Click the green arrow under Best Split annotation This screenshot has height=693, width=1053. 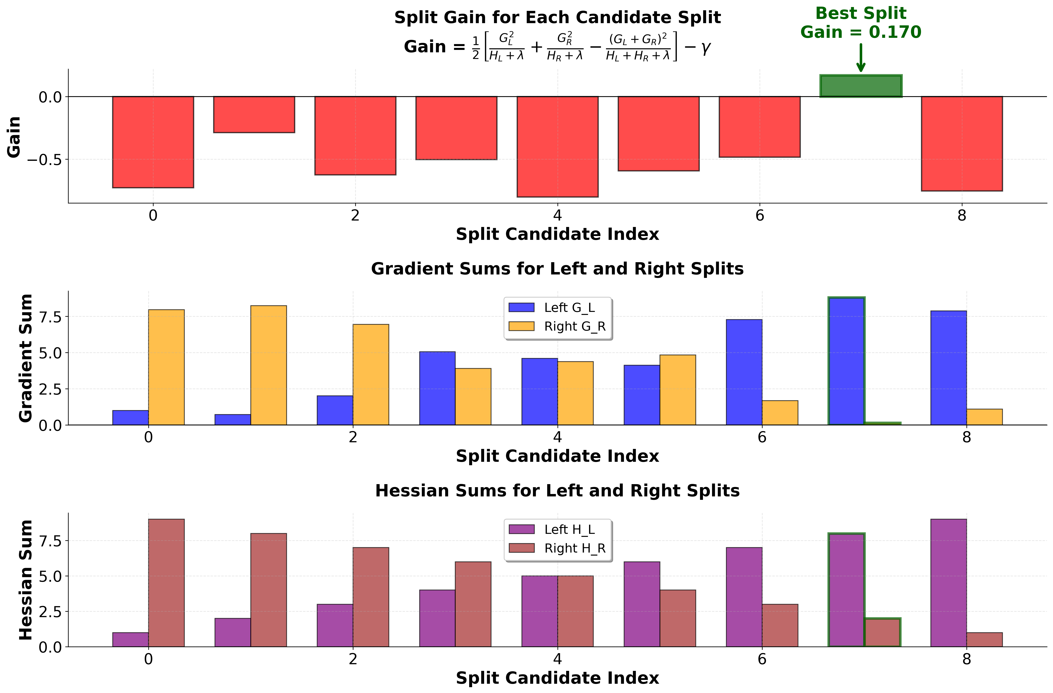(x=861, y=58)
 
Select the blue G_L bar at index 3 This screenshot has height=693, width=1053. (x=437, y=388)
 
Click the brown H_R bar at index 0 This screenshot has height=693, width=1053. (x=166, y=583)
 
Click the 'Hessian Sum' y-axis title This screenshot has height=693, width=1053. (x=26, y=580)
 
